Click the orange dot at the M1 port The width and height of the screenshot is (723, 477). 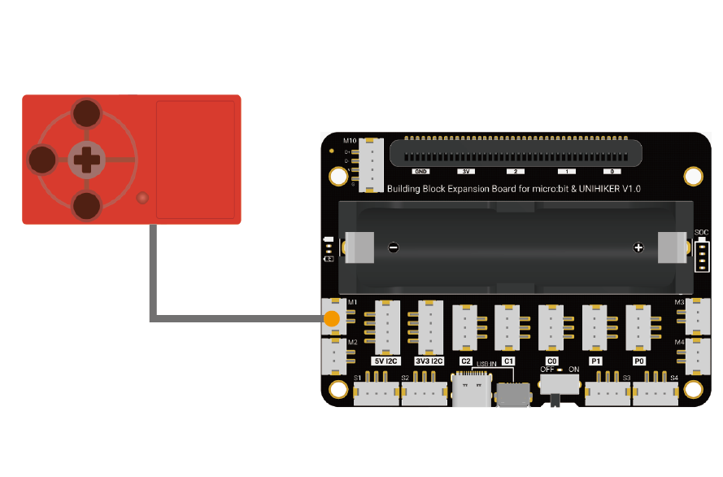(x=332, y=317)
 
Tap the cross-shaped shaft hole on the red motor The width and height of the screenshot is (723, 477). (x=85, y=160)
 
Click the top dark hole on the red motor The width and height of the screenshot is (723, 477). (x=86, y=114)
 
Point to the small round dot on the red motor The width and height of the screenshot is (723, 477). (x=142, y=198)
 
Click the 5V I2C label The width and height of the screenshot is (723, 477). (x=386, y=361)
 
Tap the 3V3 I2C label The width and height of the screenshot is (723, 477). (x=429, y=361)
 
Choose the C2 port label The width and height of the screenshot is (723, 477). (x=466, y=361)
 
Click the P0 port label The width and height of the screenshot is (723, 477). (x=639, y=361)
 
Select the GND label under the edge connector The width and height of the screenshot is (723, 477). (x=420, y=172)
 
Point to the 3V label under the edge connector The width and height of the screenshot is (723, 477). (x=467, y=172)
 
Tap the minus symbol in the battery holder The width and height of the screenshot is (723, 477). (x=393, y=247)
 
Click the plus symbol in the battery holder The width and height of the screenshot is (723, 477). (x=638, y=247)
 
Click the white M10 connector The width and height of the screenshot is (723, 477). (x=372, y=164)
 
